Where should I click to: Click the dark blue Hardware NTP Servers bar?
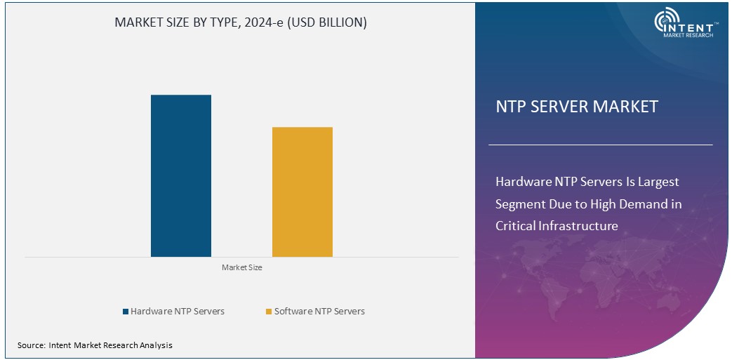point(181,175)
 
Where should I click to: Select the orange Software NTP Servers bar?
point(302,192)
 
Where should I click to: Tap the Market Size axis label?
point(241,267)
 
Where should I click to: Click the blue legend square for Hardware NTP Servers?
point(126,312)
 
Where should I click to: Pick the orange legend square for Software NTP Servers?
point(269,312)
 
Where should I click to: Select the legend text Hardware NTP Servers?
point(178,311)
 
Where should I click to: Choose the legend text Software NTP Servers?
point(319,311)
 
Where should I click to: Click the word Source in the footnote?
point(31,345)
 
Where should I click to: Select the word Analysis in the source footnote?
point(154,345)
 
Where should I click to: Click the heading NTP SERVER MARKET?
point(577,107)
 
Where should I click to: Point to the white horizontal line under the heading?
point(600,145)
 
